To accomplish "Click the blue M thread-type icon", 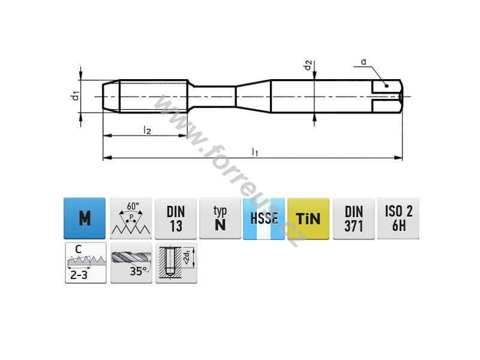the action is pos(85,218).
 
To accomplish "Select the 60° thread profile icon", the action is pos(131,218).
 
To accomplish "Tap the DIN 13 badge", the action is pos(176,218).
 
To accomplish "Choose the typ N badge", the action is pos(220,218).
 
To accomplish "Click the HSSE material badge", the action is pos(264,218).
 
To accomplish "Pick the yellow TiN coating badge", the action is pos(308,218).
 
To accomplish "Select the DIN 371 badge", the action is pos(354,218).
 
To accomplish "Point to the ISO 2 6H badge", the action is pos(398,218).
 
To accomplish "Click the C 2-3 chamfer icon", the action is pos(86,263).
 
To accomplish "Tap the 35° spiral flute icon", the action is pos(131,263).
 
